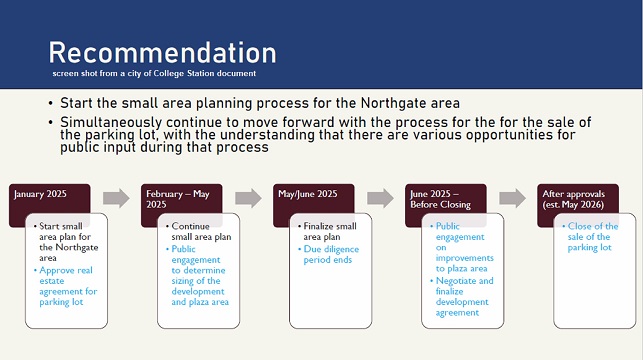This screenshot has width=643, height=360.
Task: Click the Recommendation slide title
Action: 162,52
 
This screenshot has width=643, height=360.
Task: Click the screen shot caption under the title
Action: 155,74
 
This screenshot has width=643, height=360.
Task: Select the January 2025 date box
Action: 50,196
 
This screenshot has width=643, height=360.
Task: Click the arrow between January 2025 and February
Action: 116,197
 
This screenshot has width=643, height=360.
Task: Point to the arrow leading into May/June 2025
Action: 248,197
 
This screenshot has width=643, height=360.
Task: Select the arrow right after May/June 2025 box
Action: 380,197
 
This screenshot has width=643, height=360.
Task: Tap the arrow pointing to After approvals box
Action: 512,197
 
